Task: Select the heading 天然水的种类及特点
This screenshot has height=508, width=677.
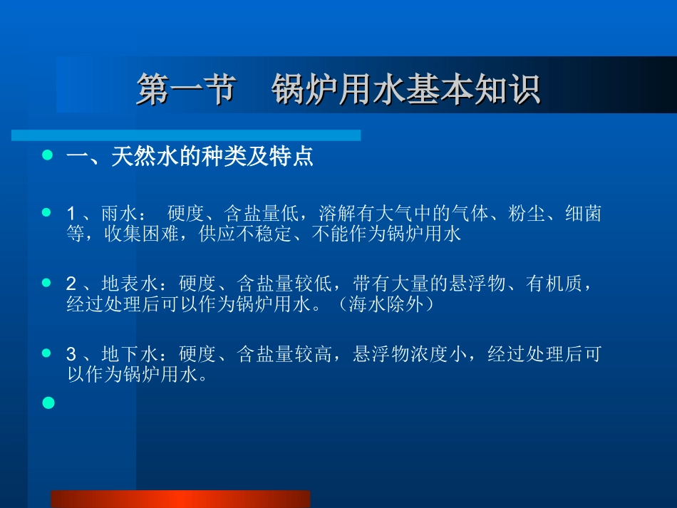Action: [x=212, y=157]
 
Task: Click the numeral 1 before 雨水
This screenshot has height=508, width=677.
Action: [x=71, y=214]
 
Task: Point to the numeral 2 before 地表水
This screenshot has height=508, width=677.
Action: [x=71, y=284]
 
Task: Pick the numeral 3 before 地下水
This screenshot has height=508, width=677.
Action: [x=71, y=354]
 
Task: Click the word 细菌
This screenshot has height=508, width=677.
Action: [x=584, y=214]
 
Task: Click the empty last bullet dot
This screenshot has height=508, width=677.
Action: [x=48, y=403]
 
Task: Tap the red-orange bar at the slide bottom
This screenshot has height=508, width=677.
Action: [x=180, y=499]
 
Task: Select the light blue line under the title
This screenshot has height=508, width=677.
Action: [x=185, y=135]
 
